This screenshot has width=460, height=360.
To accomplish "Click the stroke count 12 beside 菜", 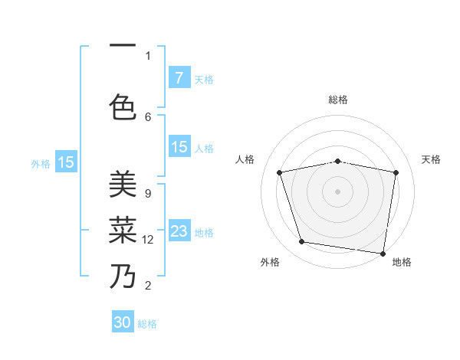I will point(149,240).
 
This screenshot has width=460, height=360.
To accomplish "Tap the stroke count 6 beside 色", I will point(148,116).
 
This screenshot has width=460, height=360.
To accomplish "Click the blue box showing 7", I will point(179,78).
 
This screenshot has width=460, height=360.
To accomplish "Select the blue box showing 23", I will point(179,231).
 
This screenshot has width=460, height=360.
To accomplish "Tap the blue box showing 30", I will point(123,322).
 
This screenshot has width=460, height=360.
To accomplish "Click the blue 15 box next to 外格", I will point(66,162).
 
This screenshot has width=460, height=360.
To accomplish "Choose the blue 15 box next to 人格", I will point(179,147).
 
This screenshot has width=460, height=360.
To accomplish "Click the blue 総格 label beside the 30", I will point(147,324).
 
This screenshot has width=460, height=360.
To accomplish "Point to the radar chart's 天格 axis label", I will point(431,159).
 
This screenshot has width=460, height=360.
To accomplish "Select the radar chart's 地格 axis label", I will point(402,262).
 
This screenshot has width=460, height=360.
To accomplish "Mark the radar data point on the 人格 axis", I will point(280,172).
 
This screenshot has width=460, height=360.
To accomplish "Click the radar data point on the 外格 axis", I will point(302,242).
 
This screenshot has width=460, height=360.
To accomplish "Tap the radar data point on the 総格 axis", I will point(338,161).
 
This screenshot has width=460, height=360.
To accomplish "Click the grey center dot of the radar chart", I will point(338,191).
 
